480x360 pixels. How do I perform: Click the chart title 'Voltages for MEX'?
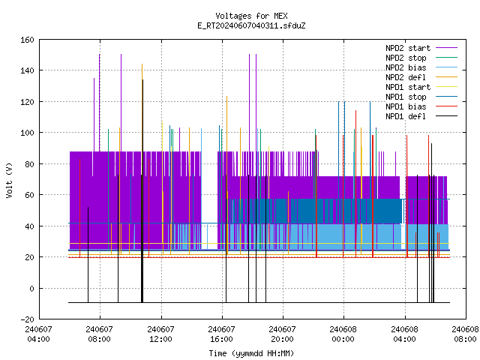point(251,16)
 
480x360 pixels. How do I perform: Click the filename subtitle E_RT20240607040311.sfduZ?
point(251,25)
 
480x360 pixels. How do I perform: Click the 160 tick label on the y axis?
point(27,40)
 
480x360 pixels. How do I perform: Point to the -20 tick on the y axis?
point(27,319)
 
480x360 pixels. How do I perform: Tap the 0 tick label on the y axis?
point(31,288)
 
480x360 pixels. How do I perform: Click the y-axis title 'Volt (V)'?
point(9,181)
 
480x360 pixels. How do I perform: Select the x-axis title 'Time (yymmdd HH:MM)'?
point(251,353)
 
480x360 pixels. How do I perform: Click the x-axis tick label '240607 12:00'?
point(160,334)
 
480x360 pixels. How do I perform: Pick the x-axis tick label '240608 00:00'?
point(343,334)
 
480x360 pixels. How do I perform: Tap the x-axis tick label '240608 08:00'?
point(465,334)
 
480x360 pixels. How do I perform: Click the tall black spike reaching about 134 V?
point(142,191)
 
